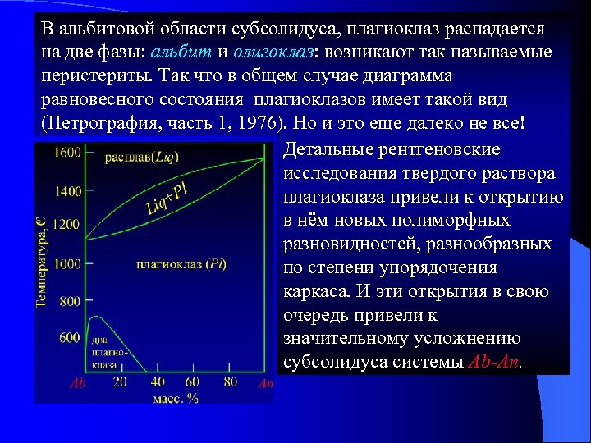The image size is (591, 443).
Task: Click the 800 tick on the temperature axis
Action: click(x=70, y=302)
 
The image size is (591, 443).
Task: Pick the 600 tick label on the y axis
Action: click(x=70, y=337)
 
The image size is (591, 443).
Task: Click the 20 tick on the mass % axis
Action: click(x=120, y=382)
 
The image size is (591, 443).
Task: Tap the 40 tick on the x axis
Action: click(x=158, y=382)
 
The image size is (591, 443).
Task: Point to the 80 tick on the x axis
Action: click(x=230, y=382)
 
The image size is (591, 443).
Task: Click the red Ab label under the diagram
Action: click(x=78, y=383)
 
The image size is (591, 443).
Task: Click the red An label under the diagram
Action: click(x=265, y=383)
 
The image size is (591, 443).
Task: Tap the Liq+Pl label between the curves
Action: click(x=167, y=194)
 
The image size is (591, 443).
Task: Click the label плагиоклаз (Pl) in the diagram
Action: click(x=182, y=264)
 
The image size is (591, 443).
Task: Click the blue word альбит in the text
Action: click(x=179, y=53)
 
